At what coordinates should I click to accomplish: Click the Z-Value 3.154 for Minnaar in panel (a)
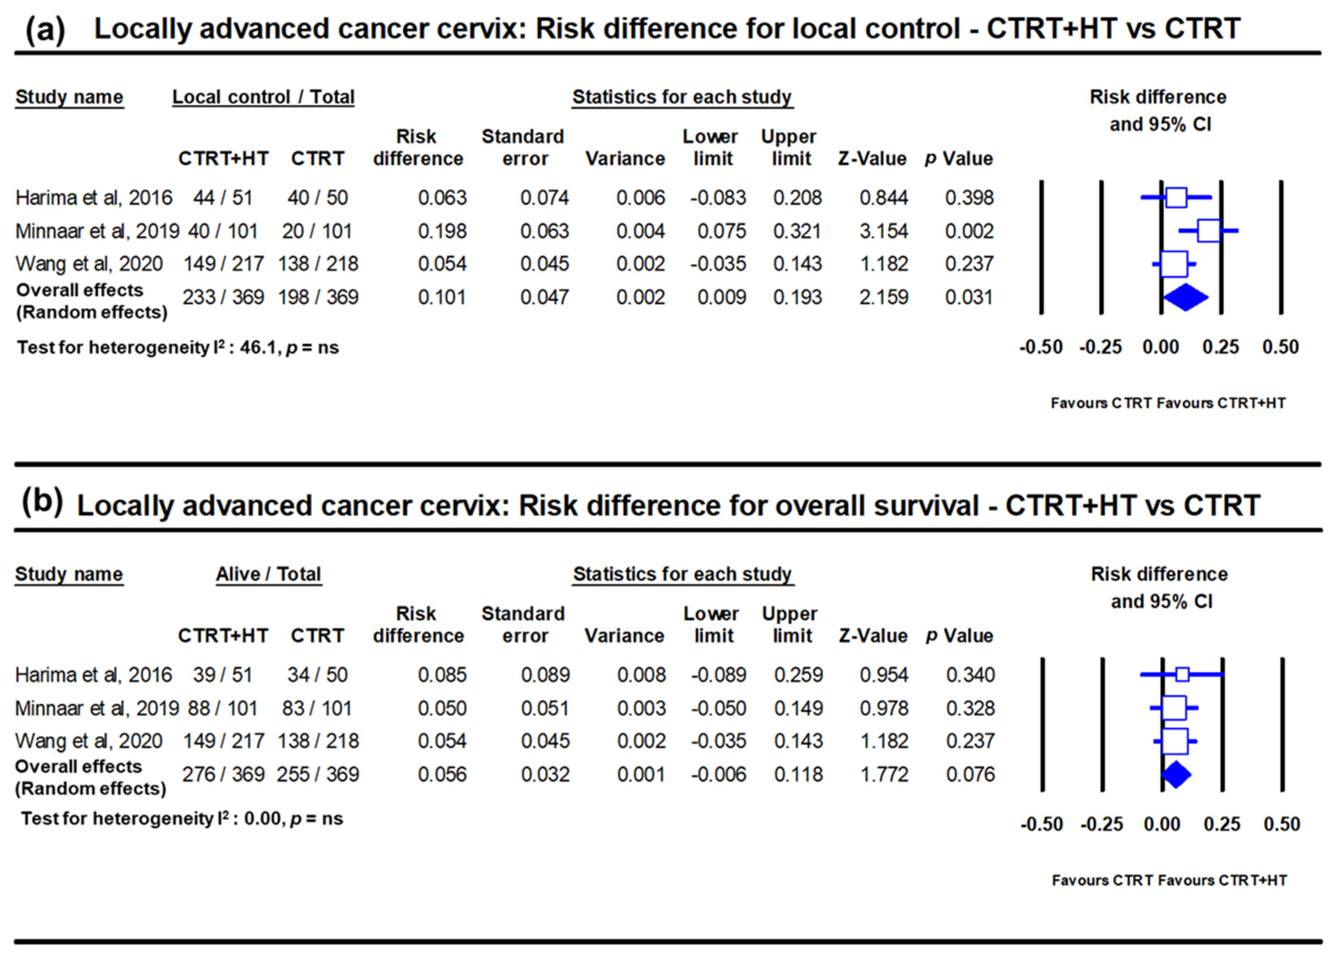(x=883, y=231)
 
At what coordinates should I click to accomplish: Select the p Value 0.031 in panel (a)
(x=969, y=297)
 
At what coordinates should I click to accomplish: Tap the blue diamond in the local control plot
(x=1185, y=297)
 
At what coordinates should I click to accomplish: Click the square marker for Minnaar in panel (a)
(x=1209, y=230)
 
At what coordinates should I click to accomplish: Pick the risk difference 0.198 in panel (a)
(x=442, y=231)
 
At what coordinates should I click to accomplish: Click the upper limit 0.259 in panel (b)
(x=798, y=675)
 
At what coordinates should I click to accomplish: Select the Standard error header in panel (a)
(x=523, y=147)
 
